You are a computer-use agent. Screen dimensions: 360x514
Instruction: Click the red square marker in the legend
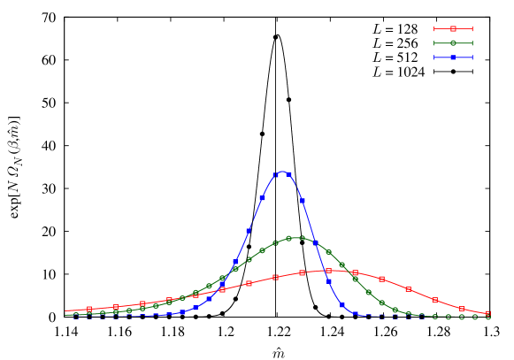(453, 29)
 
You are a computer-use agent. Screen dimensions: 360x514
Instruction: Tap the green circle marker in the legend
(453, 43)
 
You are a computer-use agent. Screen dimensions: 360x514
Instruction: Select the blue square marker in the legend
(453, 57)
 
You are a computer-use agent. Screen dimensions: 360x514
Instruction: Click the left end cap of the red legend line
(434, 29)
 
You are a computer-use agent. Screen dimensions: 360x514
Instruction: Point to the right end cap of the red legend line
(472, 29)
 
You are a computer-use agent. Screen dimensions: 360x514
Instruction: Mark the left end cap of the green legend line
(434, 43)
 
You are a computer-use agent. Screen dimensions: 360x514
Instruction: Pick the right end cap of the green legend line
(472, 43)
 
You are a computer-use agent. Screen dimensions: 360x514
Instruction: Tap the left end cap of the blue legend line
(434, 57)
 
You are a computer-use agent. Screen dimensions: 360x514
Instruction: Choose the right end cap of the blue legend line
(472, 57)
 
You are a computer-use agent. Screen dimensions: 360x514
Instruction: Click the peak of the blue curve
(282, 172)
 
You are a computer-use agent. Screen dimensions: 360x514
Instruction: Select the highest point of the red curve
(329, 271)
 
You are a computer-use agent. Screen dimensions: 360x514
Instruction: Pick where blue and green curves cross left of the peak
(232, 270)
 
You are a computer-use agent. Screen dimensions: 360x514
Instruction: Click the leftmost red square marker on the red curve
(89, 309)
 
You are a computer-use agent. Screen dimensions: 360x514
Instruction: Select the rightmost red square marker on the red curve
(488, 313)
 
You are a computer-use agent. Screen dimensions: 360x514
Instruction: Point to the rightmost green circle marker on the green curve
(488, 317)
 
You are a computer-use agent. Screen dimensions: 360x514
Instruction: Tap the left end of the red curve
(65, 310)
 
